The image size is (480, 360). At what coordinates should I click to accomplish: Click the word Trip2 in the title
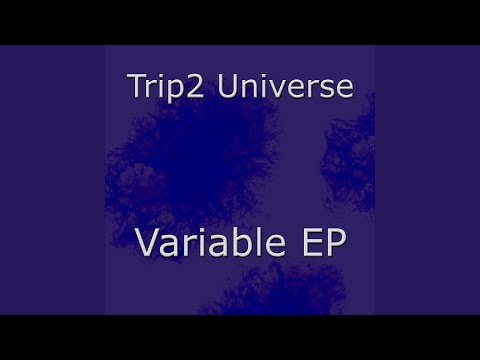click(165, 87)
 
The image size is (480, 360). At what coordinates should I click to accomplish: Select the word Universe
click(285, 86)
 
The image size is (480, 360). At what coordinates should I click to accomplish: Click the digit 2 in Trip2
click(195, 86)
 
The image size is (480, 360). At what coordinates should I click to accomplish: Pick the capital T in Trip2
click(137, 86)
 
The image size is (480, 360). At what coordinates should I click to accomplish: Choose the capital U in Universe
click(228, 86)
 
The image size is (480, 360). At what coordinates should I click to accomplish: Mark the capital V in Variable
click(148, 243)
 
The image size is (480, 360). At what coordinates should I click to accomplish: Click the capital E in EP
click(312, 243)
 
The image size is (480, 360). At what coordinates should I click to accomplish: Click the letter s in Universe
click(325, 89)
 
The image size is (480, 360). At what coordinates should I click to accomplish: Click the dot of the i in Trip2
click(161, 76)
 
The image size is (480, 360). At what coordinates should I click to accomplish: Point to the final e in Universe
click(345, 89)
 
